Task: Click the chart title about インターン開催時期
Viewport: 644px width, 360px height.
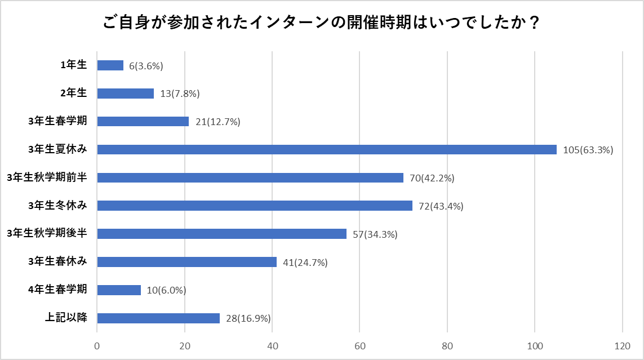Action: click(x=322, y=24)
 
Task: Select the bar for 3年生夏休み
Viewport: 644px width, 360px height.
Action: click(x=327, y=149)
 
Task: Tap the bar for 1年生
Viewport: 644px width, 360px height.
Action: click(x=110, y=65)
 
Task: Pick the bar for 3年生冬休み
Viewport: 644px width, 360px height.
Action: click(x=255, y=206)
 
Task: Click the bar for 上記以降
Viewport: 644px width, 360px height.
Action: click(x=158, y=318)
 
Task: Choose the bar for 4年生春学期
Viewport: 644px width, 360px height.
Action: click(x=119, y=290)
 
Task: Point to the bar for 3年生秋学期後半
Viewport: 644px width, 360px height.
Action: click(x=222, y=234)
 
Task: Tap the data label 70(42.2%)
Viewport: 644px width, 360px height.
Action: click(x=432, y=178)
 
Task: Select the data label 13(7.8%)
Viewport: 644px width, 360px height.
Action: click(x=180, y=94)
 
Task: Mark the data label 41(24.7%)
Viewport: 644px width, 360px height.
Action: click(x=305, y=263)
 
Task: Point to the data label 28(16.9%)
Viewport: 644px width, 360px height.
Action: click(x=248, y=319)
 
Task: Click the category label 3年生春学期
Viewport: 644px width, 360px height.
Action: click(x=57, y=121)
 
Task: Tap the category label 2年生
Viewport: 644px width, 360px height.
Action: click(x=74, y=93)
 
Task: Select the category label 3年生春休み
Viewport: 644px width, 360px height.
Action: click(x=57, y=261)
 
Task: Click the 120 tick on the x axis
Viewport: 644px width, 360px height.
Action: click(x=622, y=345)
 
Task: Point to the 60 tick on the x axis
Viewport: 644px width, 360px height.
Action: click(x=359, y=345)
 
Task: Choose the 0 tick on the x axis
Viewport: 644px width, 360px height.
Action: click(x=97, y=345)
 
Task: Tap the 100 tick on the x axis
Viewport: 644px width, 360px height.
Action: click(x=535, y=345)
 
